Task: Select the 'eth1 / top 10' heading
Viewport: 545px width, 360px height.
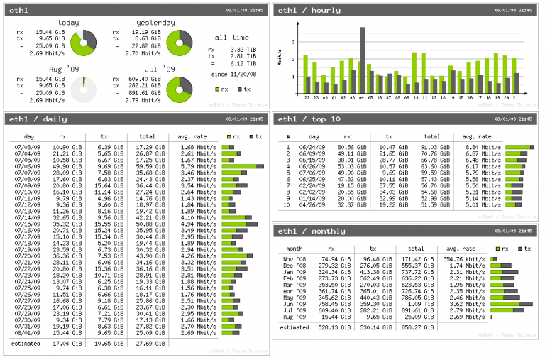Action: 310,119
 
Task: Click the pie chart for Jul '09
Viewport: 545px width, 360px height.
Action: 180,89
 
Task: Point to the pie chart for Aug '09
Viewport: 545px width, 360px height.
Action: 84,89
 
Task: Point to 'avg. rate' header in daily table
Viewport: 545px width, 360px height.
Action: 193,136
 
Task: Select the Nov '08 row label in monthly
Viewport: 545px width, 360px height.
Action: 294,260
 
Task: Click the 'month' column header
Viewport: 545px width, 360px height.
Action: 294,249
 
